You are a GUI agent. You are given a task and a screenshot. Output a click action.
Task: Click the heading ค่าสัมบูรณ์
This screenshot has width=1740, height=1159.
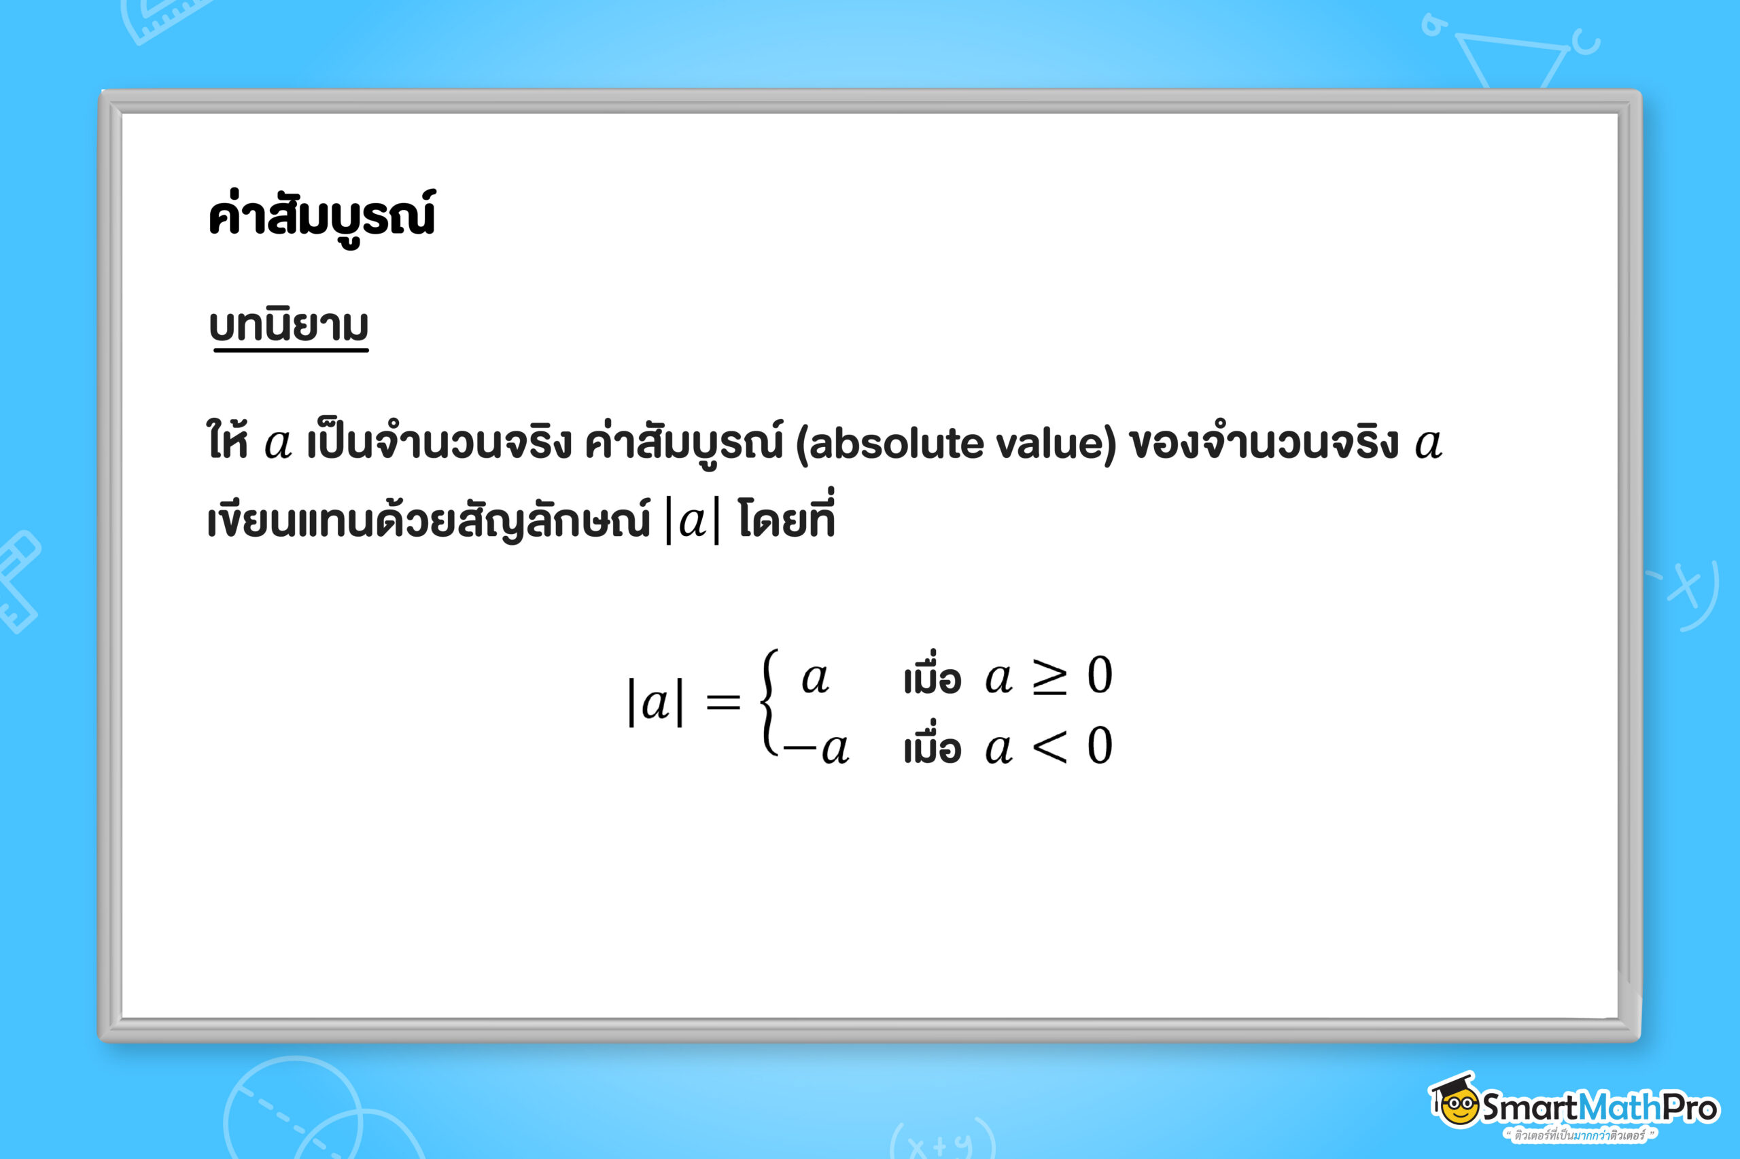(x=321, y=217)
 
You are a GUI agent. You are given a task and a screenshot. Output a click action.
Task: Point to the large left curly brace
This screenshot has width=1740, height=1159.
(x=769, y=702)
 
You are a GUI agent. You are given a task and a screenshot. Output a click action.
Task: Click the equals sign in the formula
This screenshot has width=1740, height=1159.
(x=723, y=702)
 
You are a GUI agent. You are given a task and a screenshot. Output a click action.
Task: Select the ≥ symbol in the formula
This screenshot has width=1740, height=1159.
(x=1049, y=675)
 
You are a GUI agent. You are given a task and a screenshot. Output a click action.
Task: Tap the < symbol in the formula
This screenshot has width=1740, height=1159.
(x=1049, y=747)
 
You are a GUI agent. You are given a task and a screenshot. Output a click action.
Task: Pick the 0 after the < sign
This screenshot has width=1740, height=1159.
(x=1100, y=745)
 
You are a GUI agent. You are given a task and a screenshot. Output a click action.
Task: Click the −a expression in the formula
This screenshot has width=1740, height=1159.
(x=816, y=749)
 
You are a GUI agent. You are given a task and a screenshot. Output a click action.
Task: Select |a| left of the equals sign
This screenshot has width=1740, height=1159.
(x=655, y=702)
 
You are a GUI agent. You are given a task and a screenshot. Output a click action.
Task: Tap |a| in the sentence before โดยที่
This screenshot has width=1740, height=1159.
(x=692, y=521)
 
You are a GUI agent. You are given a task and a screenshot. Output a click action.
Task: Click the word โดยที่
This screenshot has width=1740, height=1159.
(x=786, y=517)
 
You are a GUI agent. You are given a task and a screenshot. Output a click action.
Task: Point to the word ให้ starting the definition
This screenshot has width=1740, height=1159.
(x=227, y=439)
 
